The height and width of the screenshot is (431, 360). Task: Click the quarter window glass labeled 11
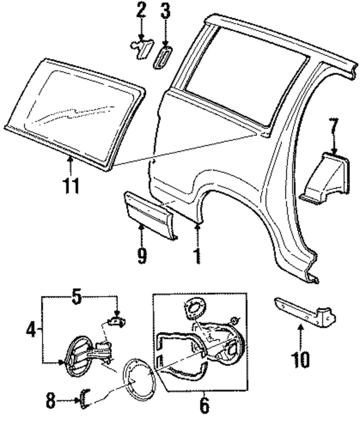coord(76,114)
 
